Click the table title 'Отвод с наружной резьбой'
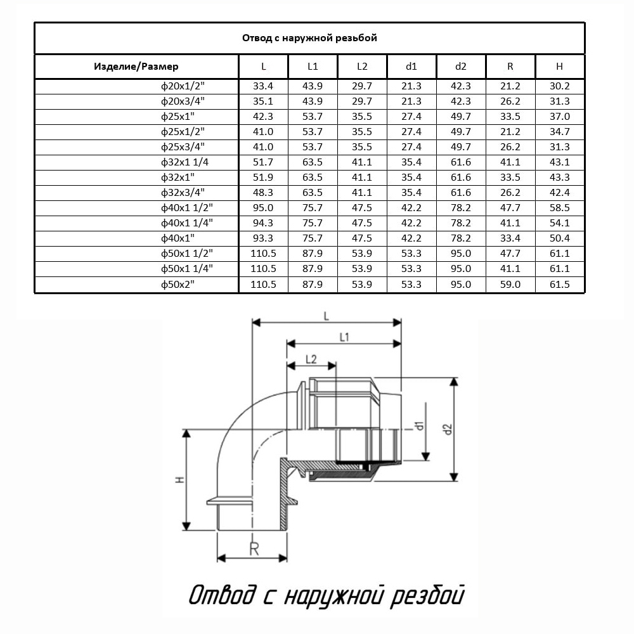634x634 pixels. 309,38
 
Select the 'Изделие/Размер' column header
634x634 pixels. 136,67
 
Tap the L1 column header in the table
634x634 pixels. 313,67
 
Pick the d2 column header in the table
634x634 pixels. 461,67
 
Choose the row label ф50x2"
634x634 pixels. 178,285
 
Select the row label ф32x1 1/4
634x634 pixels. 185,162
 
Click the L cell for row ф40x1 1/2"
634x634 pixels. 264,208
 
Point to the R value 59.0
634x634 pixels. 510,285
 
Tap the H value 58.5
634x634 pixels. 560,208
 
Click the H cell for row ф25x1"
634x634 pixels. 560,116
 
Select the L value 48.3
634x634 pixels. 264,193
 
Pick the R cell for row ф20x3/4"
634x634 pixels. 510,101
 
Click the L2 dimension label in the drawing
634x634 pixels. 311,359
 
